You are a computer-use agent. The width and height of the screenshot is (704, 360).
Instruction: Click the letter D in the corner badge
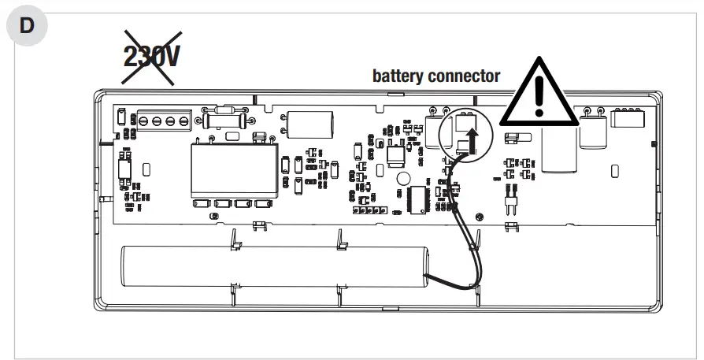coord(27,24)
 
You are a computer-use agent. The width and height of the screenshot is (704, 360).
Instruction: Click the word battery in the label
coord(398,76)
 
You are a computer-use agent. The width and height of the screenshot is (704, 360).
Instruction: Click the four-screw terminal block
coord(161,121)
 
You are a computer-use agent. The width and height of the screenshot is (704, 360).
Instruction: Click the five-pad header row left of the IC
coord(371,211)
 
